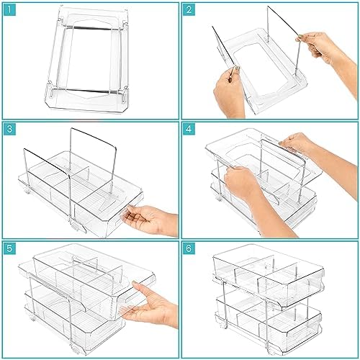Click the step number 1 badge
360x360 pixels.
coord(10,10)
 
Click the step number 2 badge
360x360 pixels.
coord(189,10)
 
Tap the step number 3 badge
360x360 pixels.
coord(10,129)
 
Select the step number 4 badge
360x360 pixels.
coord(189,129)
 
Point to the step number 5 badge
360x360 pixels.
coord(10,248)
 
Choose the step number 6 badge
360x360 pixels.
coord(189,248)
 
